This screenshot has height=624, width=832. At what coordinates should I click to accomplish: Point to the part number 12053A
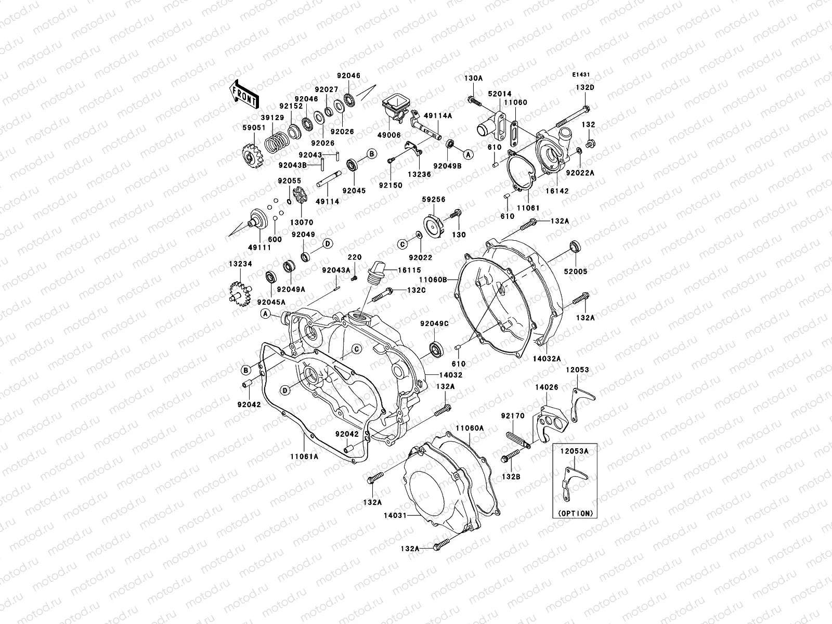coord(574,451)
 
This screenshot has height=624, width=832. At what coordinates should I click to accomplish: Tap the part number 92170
coord(512,416)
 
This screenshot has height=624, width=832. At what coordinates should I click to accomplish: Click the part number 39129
coord(273,118)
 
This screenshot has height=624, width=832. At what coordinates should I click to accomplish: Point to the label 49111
coord(259,248)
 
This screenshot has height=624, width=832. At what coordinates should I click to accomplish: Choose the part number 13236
coord(419,175)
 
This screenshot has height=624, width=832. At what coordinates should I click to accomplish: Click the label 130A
coord(474,78)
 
